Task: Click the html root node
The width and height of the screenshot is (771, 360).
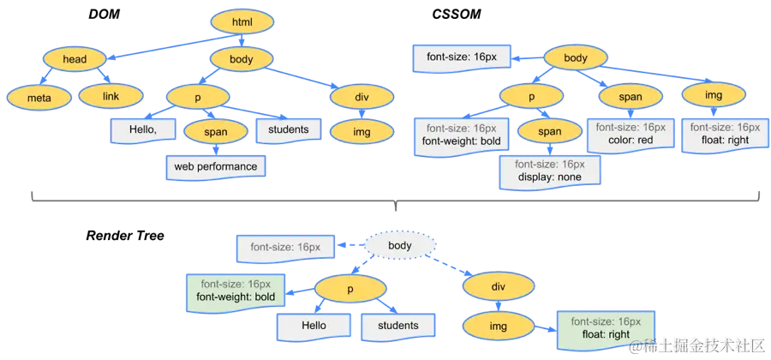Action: pos(241,22)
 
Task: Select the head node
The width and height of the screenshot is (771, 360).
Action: pos(75,59)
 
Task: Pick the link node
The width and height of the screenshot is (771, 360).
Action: pos(111,96)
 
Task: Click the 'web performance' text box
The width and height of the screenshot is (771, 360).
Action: pos(215,165)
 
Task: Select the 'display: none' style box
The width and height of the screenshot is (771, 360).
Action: pos(549,171)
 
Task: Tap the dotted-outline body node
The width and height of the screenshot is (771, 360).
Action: pos(400,246)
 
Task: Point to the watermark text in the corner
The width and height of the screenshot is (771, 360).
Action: pos(695,345)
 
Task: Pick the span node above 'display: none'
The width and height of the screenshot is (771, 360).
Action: pos(550,131)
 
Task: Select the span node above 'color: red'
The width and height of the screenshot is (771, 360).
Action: pos(630,96)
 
